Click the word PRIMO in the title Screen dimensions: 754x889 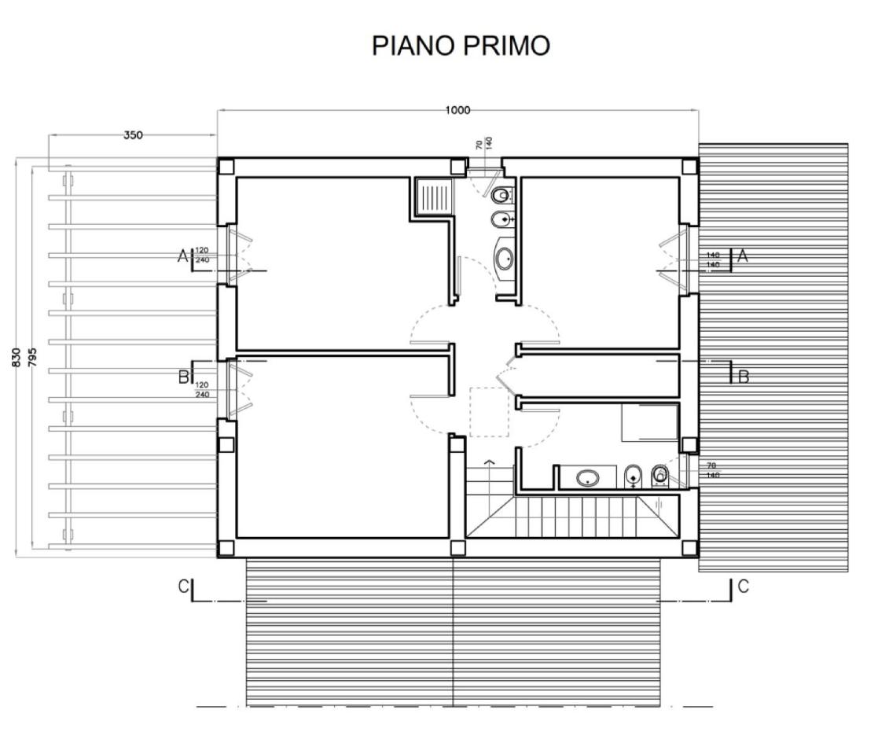(x=507, y=46)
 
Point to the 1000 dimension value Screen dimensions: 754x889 (x=457, y=110)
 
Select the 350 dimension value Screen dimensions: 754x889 (x=133, y=134)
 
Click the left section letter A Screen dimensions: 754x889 (x=183, y=256)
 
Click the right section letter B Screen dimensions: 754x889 (x=743, y=377)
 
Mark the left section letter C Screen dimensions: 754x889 (x=183, y=587)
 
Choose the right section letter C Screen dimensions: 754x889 (x=743, y=586)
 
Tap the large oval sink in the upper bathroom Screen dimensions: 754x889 (x=505, y=256)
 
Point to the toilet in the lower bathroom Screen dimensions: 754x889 (x=660, y=474)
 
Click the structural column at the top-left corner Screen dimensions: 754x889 (x=226, y=167)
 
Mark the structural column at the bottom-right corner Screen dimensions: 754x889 (x=689, y=548)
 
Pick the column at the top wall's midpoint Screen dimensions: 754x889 (x=457, y=167)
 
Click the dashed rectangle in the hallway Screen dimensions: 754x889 (x=489, y=411)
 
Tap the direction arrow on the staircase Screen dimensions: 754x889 (x=490, y=462)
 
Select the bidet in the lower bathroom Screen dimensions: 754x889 (x=634, y=476)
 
